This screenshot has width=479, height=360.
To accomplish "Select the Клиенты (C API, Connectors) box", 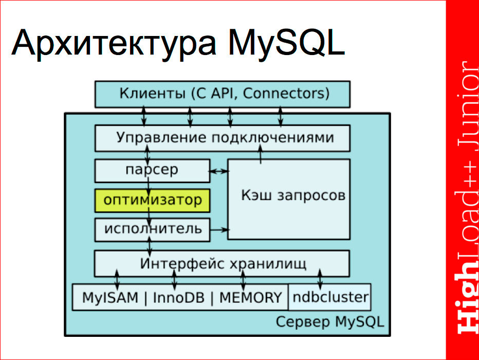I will click(x=222, y=94).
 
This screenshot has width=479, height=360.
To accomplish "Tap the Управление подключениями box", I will click(x=222, y=138).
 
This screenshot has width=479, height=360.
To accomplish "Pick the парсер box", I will click(x=152, y=170).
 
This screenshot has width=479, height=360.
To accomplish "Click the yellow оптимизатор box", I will click(x=152, y=200).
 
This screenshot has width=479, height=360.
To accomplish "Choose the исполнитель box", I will click(x=152, y=229).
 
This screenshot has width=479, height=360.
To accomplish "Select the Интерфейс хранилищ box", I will click(x=222, y=264).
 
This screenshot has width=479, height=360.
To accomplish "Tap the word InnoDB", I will click(x=177, y=297).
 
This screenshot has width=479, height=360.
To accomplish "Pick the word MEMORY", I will click(x=250, y=297).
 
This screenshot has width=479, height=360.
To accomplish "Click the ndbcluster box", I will click(x=329, y=297).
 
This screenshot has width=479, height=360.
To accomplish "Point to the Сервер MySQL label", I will click(x=329, y=322).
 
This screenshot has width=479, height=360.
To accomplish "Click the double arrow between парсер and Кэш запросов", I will click(x=219, y=171).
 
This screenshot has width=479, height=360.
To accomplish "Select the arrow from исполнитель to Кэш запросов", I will click(x=219, y=229).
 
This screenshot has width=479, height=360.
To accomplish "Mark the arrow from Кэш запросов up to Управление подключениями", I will click(x=261, y=154).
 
